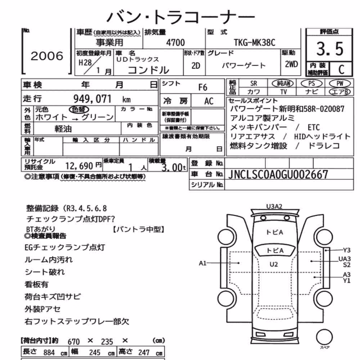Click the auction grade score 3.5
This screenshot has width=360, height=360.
tap(330, 49)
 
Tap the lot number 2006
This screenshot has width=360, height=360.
tap(47, 56)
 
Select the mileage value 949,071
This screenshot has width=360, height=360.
tap(92, 99)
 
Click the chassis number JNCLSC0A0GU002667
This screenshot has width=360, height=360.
tap(278, 175)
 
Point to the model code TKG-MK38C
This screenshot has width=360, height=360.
tap(255, 42)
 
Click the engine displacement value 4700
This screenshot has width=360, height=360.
tap(175, 42)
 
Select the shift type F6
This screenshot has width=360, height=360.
tap(203, 87)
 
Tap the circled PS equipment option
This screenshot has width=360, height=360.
tap(311, 84)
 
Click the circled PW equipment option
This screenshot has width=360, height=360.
tap(340, 84)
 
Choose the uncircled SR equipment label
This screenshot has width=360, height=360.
tap(254, 84)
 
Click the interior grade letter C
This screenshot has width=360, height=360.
tap(341, 69)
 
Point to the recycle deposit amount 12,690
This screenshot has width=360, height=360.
tap(79, 166)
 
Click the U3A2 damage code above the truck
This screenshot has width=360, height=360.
tap(274, 206)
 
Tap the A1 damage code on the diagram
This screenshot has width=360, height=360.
tap(203, 263)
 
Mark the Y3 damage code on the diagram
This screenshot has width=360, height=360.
tap(347, 250)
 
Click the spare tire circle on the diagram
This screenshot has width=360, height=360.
tap(324, 337)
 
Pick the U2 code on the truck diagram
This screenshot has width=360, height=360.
tap(274, 265)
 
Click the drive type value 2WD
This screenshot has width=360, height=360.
tap(291, 64)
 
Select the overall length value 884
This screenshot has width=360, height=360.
tap(49, 352)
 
